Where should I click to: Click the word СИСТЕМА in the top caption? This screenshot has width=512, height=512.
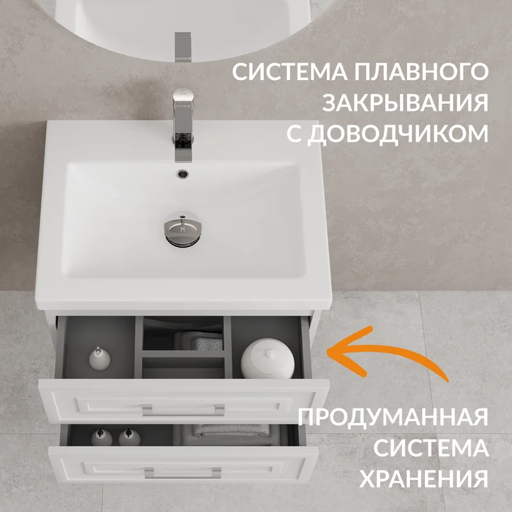(290, 72)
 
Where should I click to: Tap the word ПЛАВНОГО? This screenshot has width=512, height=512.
(422, 72)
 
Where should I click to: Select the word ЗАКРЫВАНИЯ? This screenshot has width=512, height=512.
(405, 102)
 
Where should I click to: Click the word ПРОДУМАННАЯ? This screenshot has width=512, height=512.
(393, 417)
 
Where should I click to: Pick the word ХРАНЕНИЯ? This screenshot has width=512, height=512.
(424, 478)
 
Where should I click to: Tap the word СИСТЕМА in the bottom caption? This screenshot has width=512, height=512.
(431, 447)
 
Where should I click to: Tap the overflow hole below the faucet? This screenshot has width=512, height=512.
(183, 173)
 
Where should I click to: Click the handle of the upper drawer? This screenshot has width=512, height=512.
(183, 410)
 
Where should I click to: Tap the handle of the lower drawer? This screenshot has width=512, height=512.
(183, 472)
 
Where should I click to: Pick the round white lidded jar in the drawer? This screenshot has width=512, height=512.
(268, 358)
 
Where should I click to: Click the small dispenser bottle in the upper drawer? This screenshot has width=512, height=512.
(100, 358)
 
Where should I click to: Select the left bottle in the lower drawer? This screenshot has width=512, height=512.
(102, 438)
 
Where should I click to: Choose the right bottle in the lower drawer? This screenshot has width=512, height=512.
(129, 438)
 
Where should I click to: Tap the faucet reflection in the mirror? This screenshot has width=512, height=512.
(183, 47)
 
